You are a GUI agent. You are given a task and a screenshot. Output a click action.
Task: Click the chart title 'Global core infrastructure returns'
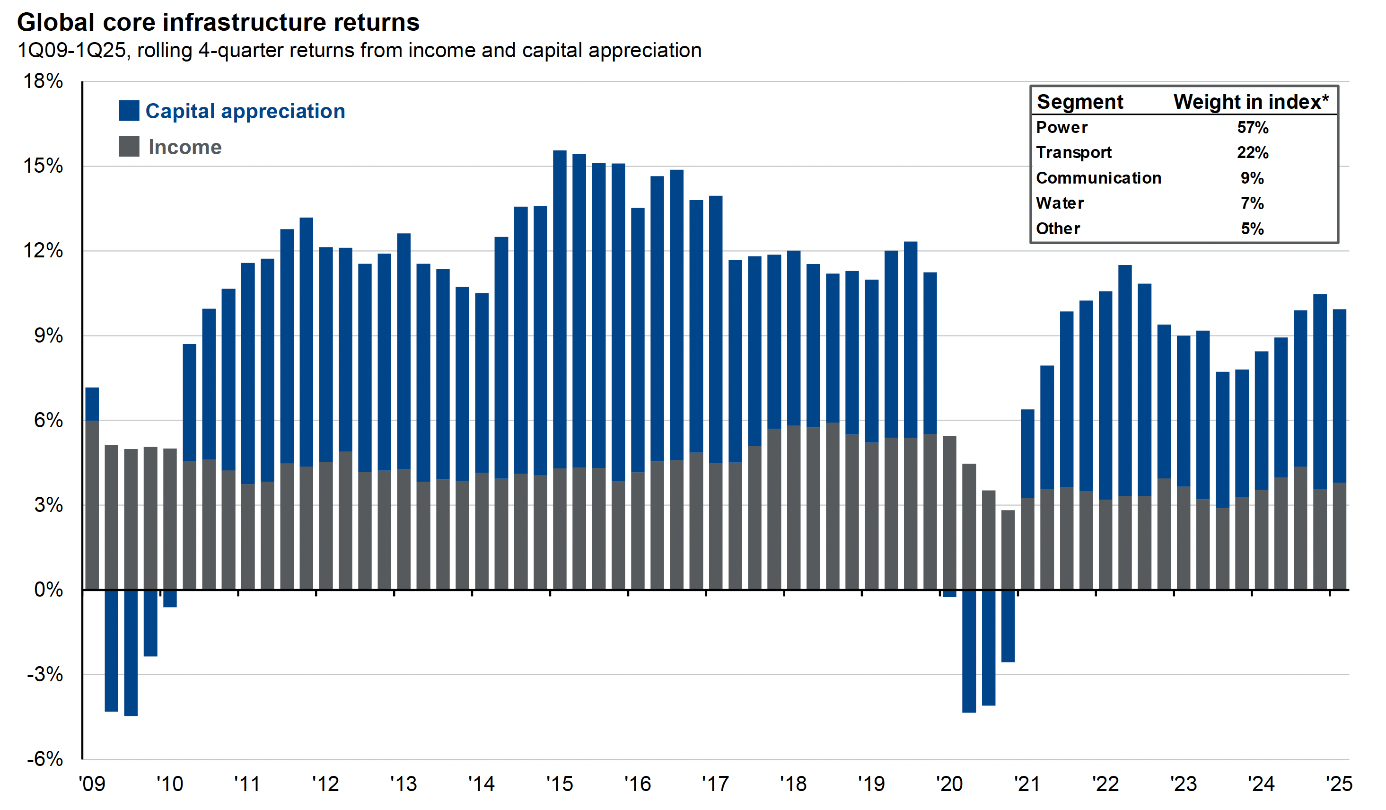[219, 23]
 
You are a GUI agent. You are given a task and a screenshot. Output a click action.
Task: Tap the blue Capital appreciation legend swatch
[129, 111]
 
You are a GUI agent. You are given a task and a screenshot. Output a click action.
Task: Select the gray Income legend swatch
[129, 146]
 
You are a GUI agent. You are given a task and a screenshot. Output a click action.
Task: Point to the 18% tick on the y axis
[43, 81]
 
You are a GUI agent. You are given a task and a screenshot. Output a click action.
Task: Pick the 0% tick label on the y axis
[48, 590]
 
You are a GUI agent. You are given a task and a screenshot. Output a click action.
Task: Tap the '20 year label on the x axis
[949, 784]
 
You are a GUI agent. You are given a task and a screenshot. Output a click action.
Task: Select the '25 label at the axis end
[1339, 784]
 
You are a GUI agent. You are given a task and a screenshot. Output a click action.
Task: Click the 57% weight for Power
[1252, 128]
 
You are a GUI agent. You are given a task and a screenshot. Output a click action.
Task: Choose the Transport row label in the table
[1074, 152]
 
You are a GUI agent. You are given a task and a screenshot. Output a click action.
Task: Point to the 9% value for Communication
[1252, 178]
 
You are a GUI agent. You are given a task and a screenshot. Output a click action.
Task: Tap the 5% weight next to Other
[1252, 229]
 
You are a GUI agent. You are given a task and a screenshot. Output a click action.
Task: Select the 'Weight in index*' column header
[1251, 102]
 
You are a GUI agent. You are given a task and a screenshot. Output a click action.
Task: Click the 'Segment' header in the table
[1079, 102]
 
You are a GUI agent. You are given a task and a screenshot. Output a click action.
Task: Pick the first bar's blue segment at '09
[92, 404]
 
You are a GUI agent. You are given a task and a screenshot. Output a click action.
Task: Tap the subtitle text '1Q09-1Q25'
[72, 51]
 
